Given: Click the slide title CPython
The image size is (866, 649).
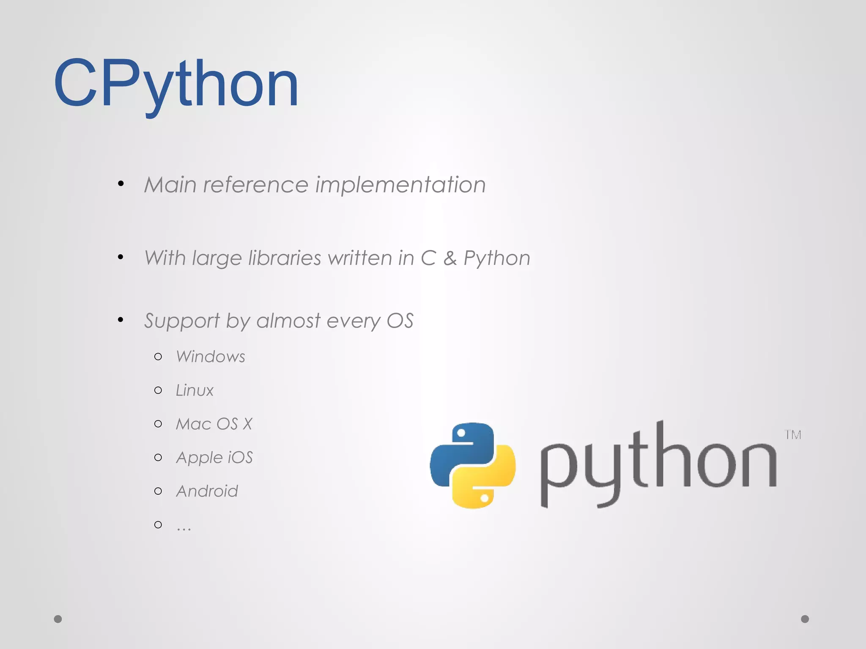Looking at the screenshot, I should tap(176, 83).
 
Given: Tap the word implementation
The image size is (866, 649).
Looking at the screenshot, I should tap(400, 185).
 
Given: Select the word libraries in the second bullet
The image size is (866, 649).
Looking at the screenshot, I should tap(285, 258).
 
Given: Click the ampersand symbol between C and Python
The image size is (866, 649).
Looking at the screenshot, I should tap(450, 258).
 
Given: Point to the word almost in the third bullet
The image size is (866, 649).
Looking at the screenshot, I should tap(288, 321).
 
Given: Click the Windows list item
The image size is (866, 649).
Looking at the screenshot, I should tap(211, 357).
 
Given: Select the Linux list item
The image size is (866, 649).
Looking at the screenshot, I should tap(195, 390).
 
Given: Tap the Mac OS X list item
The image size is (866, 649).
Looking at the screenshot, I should tap(214, 424).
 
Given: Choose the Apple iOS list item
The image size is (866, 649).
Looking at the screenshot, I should tap(214, 458).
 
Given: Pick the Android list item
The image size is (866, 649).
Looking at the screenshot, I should tap(207, 491).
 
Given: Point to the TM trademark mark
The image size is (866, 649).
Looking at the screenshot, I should tap(793, 435).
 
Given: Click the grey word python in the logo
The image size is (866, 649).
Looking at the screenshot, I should tap(658, 463).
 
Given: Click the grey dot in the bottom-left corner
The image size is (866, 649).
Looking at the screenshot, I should tap(58, 619).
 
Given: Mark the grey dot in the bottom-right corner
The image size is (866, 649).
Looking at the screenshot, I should tap(805, 619).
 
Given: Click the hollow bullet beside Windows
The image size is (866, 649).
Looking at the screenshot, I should tap(158, 357).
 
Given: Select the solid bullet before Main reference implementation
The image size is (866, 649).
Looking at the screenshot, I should tap(121, 183).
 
